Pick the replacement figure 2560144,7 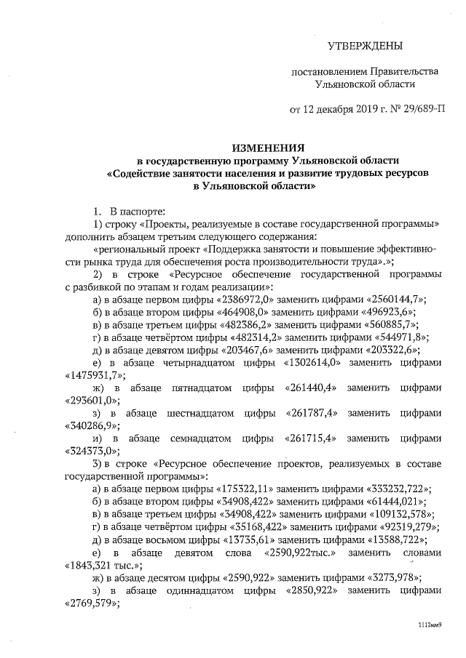point(395,300)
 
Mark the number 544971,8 point(399,337)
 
